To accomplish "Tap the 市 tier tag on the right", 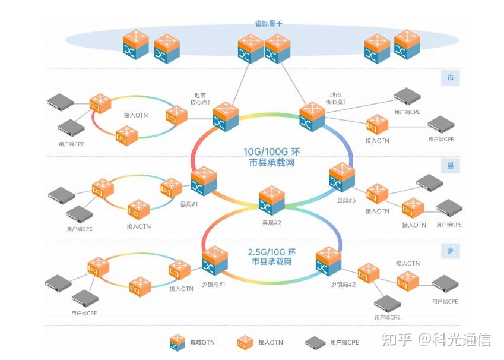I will pyautogui.click(x=450, y=78).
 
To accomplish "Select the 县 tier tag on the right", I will pyautogui.click(x=450, y=166).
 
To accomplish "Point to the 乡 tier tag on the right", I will pyautogui.click(x=450, y=251).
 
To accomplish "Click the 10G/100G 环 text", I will pyautogui.click(x=272, y=152).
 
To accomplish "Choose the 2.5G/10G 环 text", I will pyautogui.click(x=272, y=252).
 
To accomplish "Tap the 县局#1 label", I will pyautogui.click(x=189, y=204).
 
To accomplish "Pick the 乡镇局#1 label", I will pyautogui.click(x=213, y=285).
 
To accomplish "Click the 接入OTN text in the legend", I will pyautogui.click(x=271, y=342).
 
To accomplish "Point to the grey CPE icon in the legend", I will pyautogui.click(x=316, y=342).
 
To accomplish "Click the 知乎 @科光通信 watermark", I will pyautogui.click(x=436, y=340).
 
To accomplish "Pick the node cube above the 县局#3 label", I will pyautogui.click(x=341, y=176).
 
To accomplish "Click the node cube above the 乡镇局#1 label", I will pyautogui.click(x=214, y=260).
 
